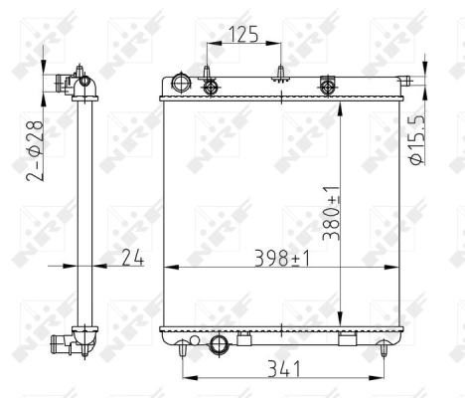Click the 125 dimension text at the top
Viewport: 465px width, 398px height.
tap(243, 35)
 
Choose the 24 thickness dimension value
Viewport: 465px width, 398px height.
tap(132, 258)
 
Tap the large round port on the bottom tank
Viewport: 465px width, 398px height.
tap(221, 345)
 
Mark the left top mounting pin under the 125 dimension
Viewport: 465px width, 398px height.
tap(209, 73)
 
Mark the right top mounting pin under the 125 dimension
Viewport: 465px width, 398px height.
tap(281, 73)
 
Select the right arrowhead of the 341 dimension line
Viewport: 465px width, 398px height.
tap(381, 377)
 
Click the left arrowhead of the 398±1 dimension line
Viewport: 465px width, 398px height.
tap(167, 267)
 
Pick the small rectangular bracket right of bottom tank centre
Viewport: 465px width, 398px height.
tap(347, 341)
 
